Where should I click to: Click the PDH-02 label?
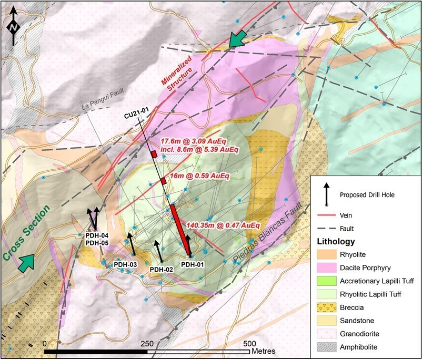tap(162, 269)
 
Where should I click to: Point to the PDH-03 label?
tap(126, 264)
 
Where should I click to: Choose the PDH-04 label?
tap(97, 235)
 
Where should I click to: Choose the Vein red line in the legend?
tap(327, 215)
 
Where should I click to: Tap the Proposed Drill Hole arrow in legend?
tap(327, 194)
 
